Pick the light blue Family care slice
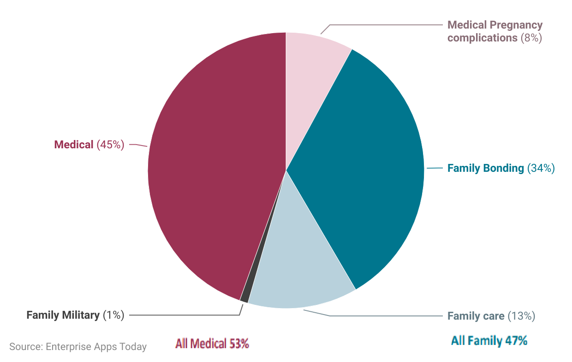[300, 267]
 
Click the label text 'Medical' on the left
[74, 145]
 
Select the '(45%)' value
[110, 145]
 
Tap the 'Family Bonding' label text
[485, 168]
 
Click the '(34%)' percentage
[540, 168]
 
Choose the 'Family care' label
[476, 316]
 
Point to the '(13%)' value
[521, 316]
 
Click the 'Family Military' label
[63, 315]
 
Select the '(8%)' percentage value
[531, 38]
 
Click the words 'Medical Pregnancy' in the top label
[495, 25]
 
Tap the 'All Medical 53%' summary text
[212, 344]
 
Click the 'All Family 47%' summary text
[489, 341]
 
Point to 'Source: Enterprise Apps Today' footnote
[78, 347]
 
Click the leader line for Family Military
[185, 315]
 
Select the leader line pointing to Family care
[383, 316]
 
